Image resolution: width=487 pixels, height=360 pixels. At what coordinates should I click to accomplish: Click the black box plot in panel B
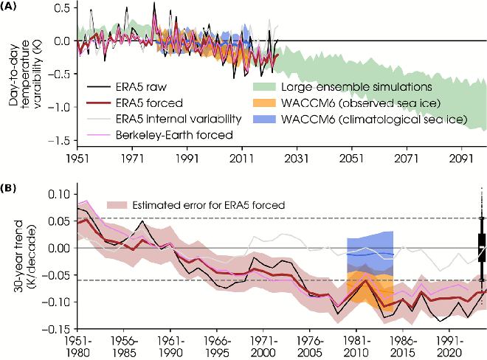482,244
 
